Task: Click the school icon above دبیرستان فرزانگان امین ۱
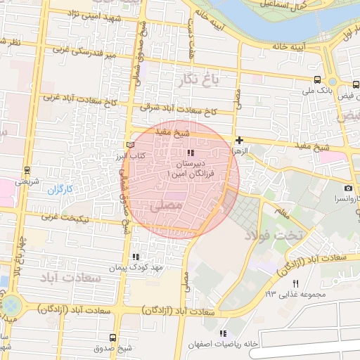click(x=189, y=153)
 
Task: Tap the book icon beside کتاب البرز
click(x=129, y=144)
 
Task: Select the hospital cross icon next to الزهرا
click(x=239, y=141)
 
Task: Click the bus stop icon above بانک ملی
click(x=317, y=80)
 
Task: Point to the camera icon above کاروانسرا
click(x=347, y=188)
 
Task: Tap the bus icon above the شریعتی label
click(x=27, y=170)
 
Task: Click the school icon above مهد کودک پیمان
click(x=135, y=257)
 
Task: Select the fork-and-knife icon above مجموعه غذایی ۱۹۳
click(x=295, y=283)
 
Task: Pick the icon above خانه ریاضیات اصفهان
click(x=223, y=333)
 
